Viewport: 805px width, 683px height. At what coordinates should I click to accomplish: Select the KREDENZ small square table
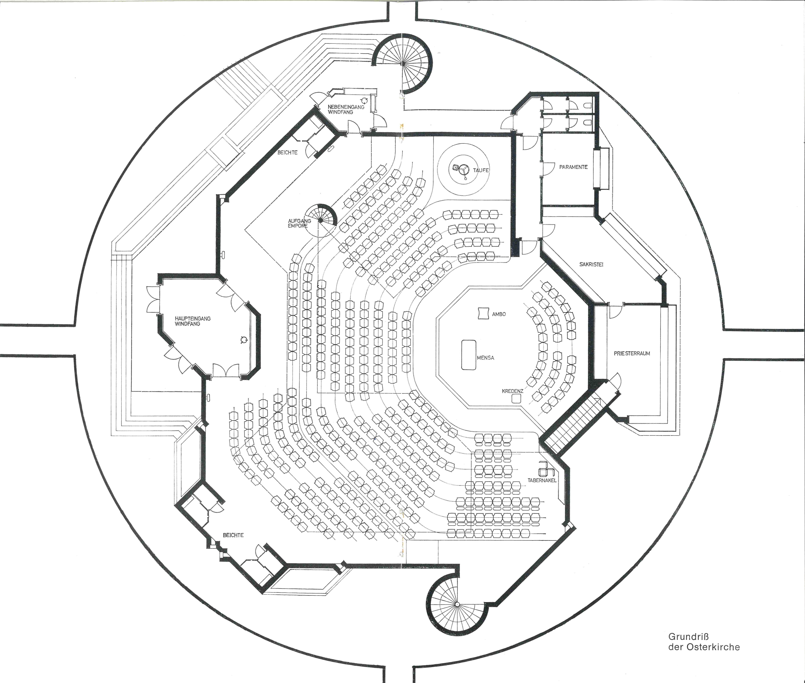(516, 399)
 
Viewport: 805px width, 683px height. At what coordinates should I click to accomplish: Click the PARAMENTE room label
(573, 167)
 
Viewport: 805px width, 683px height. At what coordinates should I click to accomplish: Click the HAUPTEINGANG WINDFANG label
(193, 321)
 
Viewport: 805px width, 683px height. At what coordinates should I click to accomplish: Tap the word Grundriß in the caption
(685, 636)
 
